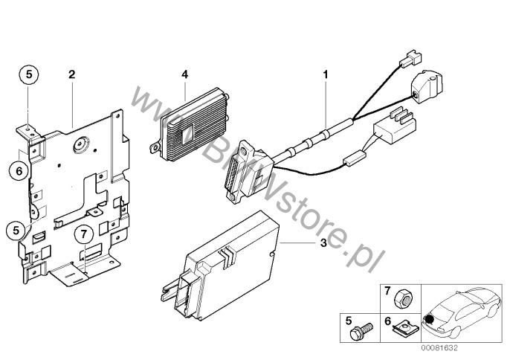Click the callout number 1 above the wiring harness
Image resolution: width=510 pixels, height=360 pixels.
pyautogui.click(x=326, y=74)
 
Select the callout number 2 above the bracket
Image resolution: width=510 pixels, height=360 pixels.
pyautogui.click(x=71, y=74)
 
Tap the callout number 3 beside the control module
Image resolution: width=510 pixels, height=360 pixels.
pyautogui.click(x=323, y=242)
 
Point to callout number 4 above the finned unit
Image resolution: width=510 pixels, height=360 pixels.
pyautogui.click(x=184, y=74)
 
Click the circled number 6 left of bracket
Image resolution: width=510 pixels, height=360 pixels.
pyautogui.click(x=19, y=170)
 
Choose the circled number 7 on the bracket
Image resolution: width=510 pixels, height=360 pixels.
pyautogui.click(x=84, y=234)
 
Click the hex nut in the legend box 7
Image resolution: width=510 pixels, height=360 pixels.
pyautogui.click(x=403, y=298)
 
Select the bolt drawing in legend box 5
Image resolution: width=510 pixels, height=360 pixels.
pyautogui.click(x=361, y=330)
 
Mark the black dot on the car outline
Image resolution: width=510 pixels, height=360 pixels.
pyautogui.click(x=430, y=319)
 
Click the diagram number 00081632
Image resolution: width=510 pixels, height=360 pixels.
pyautogui.click(x=439, y=348)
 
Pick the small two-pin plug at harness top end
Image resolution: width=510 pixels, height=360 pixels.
pyautogui.click(x=410, y=59)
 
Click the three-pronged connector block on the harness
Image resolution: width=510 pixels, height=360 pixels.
pyautogui.click(x=396, y=126)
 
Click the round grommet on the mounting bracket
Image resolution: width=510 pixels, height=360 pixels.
pyautogui.click(x=80, y=144)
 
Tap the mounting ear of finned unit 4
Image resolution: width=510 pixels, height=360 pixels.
pyautogui.click(x=155, y=147)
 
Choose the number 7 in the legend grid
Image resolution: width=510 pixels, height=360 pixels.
pyautogui.click(x=387, y=291)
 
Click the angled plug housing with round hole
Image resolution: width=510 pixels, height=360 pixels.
pyautogui.click(x=427, y=86)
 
